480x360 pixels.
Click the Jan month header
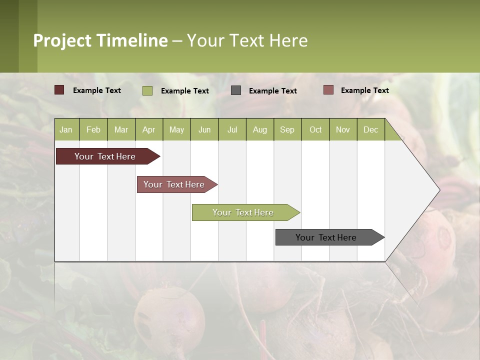tap(66, 129)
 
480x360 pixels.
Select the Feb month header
tap(93, 129)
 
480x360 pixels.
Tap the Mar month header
tap(121, 129)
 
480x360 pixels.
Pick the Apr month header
tap(149, 129)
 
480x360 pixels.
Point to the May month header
tap(176, 129)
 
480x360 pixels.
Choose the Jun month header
tap(204, 129)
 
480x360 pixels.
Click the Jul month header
tap(232, 129)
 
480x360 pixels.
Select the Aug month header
tap(260, 129)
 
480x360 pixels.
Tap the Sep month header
tap(287, 129)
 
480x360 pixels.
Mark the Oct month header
tap(315, 129)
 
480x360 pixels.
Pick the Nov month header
tap(343, 129)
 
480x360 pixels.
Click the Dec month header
tap(371, 129)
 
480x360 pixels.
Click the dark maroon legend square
tap(59, 90)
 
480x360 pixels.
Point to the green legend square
tap(147, 90)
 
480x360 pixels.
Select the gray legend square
tap(236, 90)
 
